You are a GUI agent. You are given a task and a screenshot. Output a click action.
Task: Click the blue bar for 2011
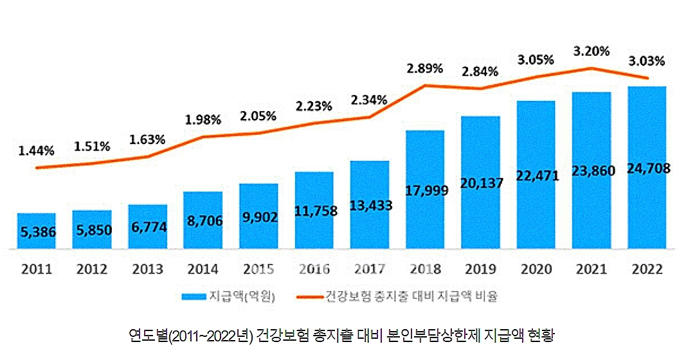point(36,230)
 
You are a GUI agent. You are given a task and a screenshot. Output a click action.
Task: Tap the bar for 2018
point(426,190)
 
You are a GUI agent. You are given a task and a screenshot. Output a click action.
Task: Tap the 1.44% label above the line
point(36,151)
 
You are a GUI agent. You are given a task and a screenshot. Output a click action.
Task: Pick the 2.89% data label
point(425,68)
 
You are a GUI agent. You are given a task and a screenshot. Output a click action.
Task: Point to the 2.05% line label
point(258,116)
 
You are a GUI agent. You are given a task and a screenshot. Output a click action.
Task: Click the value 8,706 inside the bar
point(203,221)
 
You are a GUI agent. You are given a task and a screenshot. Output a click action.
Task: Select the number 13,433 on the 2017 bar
point(370,206)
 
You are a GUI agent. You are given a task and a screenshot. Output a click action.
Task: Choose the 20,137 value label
point(482,183)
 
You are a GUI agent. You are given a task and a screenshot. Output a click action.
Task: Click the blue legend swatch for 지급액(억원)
point(194,297)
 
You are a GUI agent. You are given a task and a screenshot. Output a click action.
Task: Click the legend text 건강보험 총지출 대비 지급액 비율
point(411,297)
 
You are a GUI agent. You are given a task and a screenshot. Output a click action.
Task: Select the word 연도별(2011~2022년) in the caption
point(190,336)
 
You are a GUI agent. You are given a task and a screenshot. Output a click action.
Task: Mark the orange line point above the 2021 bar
point(591,68)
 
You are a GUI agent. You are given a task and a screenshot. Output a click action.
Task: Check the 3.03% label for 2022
point(647,61)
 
